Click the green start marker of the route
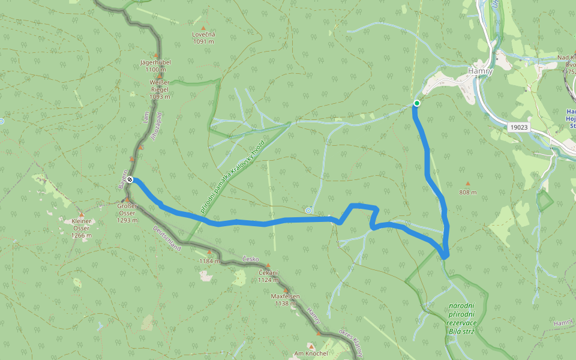coord(416,103)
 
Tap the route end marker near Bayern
coord(130,179)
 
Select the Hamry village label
coord(480,71)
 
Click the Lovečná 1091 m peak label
coord(203,38)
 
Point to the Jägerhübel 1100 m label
coord(155,65)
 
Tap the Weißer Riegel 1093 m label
coord(160,89)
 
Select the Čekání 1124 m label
coord(268,275)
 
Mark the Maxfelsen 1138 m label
coord(285,299)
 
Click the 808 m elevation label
coord(467,193)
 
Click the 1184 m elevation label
coord(209,261)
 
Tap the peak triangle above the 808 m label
coord(467,184)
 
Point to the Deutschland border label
coord(166,238)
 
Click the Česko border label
coord(250,259)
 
